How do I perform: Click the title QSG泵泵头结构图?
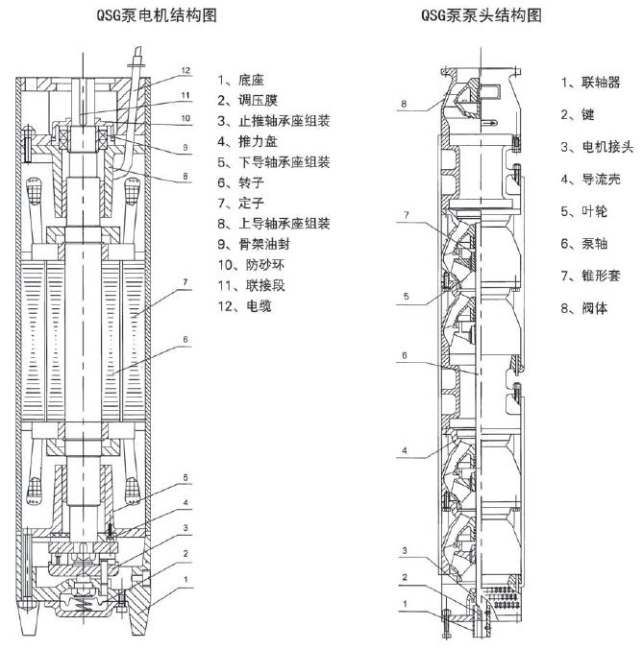tap(482, 16)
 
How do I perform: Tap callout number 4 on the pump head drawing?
tap(406, 449)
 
